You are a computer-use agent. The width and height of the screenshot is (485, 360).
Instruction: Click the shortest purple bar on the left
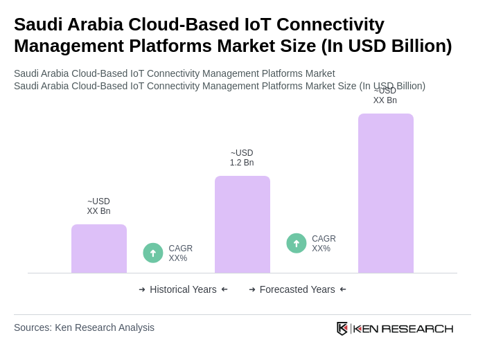[x=99, y=249]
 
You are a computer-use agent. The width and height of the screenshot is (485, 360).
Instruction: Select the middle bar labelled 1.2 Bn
[x=242, y=224]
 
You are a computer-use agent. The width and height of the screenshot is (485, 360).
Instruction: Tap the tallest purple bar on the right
[x=386, y=193]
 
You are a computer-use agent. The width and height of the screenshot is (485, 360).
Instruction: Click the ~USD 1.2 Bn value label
[x=242, y=158]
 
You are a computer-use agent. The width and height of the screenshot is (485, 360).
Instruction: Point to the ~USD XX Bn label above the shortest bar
[x=98, y=206]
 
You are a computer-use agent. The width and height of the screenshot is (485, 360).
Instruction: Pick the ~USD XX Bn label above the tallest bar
[x=385, y=96]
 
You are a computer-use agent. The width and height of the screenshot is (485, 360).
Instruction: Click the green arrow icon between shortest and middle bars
[x=153, y=253]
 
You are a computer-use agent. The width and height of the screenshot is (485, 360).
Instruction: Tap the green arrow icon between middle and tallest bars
[x=297, y=243]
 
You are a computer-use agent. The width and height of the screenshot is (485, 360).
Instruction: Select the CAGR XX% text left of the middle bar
[x=180, y=253]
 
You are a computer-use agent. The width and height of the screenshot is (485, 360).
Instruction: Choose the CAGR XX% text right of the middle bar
[x=324, y=244]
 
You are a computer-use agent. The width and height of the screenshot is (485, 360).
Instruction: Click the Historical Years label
[x=183, y=289]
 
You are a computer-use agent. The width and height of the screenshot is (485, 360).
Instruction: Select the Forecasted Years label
[x=297, y=289]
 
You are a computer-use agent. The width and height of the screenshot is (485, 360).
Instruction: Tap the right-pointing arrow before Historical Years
[x=142, y=289]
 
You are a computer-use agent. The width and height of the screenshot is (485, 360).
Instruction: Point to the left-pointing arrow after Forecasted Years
[x=343, y=289]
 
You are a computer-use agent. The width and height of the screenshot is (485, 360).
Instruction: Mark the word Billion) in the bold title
[x=418, y=46]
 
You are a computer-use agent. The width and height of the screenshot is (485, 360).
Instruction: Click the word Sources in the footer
[x=32, y=327]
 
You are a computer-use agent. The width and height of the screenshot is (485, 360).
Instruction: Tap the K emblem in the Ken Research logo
[x=342, y=328]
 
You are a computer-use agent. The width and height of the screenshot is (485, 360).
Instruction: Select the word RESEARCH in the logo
[x=417, y=328]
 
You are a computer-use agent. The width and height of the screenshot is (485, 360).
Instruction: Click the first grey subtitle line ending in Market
[x=174, y=73]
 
